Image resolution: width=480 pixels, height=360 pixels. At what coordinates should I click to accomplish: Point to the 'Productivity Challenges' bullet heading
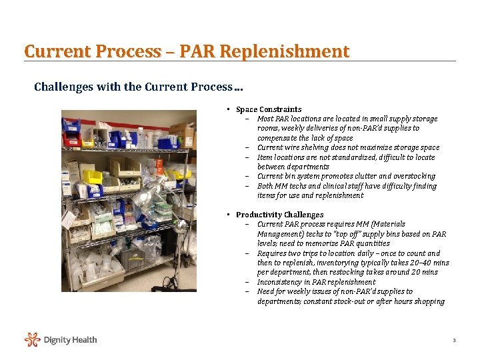pos(279,215)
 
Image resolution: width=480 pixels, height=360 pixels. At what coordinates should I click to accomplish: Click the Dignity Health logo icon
pos(32,340)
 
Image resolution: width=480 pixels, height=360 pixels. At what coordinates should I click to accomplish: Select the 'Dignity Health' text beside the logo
pos(70,340)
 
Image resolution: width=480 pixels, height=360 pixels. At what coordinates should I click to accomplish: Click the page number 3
pos(454,341)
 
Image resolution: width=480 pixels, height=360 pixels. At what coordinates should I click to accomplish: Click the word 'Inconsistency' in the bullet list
pos(281,282)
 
